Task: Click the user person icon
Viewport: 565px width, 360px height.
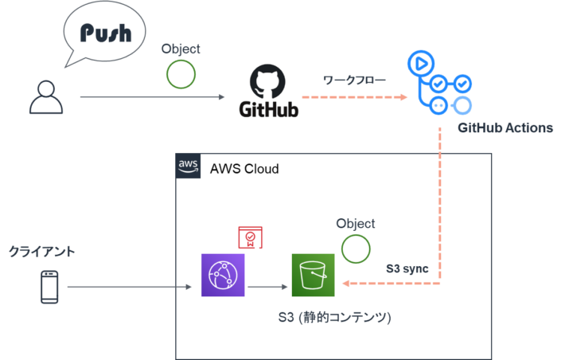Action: pyautogui.click(x=45, y=96)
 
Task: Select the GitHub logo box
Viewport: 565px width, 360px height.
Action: pyautogui.click(x=267, y=91)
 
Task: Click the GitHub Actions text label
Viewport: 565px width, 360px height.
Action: pyautogui.click(x=505, y=128)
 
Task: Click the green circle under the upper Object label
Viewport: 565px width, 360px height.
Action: pyautogui.click(x=181, y=73)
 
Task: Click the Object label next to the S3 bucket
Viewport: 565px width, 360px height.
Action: pyautogui.click(x=356, y=224)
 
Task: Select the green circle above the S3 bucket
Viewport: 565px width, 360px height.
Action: pyautogui.click(x=356, y=248)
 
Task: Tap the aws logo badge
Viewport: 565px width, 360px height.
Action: pyautogui.click(x=189, y=166)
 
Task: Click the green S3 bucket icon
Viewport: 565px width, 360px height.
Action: pyautogui.click(x=313, y=275)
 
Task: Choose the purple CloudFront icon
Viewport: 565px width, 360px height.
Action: pyautogui.click(x=223, y=275)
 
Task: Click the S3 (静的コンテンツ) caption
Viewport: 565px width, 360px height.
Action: pyautogui.click(x=334, y=319)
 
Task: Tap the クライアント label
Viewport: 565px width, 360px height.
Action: pyautogui.click(x=42, y=252)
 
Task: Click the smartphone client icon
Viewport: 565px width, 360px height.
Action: pyautogui.click(x=50, y=287)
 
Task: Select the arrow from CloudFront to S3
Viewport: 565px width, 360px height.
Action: pyautogui.click(x=268, y=287)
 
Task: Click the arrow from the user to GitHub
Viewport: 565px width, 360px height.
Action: pyautogui.click(x=151, y=98)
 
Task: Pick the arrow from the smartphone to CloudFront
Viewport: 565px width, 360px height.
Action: pyautogui.click(x=131, y=287)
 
